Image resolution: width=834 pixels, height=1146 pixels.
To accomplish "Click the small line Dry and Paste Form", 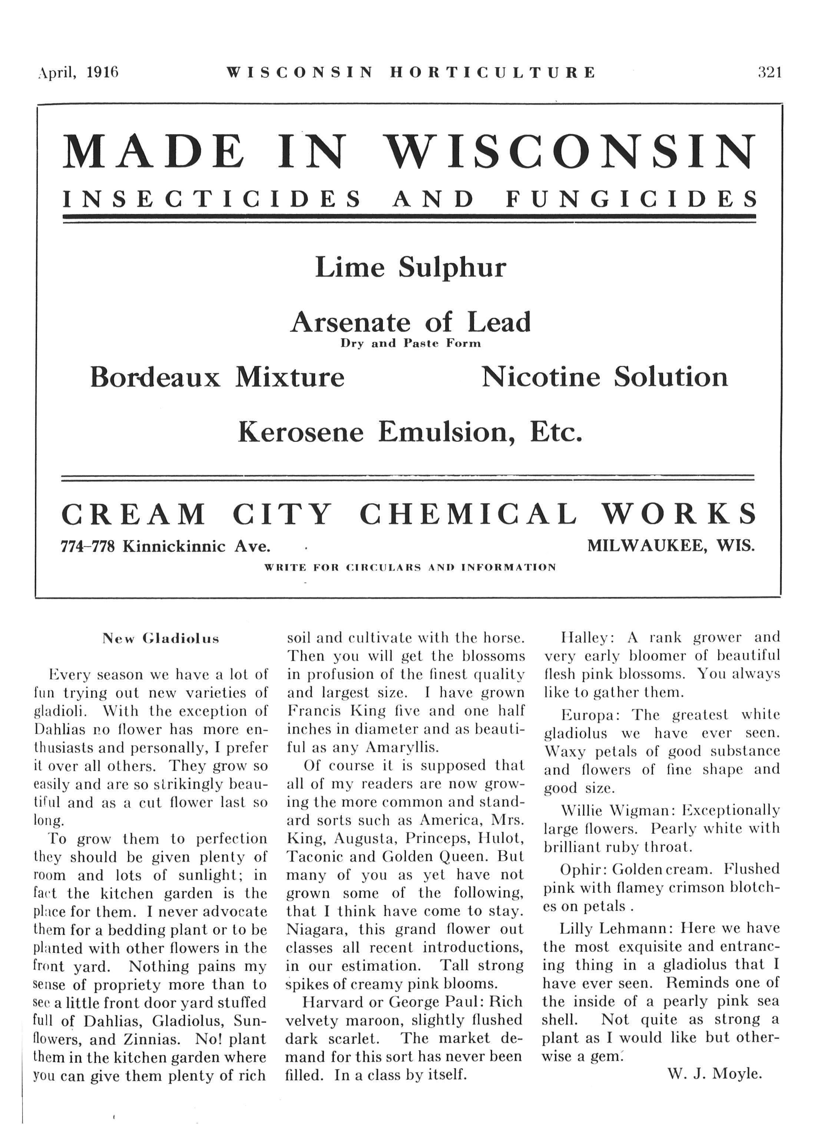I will point(410,344).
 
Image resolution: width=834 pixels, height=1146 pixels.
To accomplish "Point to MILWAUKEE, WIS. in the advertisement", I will point(671,546).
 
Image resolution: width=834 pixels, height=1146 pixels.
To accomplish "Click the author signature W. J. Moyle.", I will point(714,1074).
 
